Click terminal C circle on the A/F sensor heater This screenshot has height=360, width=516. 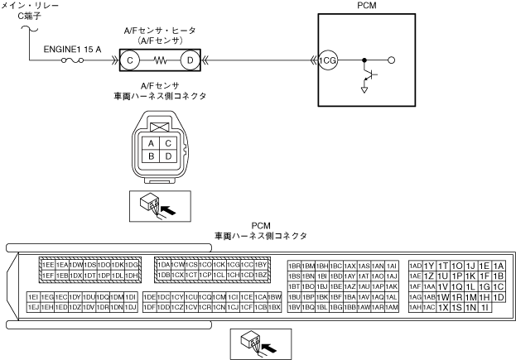tap(130, 60)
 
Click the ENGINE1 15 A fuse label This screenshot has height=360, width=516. tap(72, 48)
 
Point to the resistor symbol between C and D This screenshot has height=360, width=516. tap(161, 60)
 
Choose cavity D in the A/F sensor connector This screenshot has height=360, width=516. tap(168, 156)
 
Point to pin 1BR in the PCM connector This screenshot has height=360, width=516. tap(294, 265)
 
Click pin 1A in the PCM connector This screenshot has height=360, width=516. tap(498, 265)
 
